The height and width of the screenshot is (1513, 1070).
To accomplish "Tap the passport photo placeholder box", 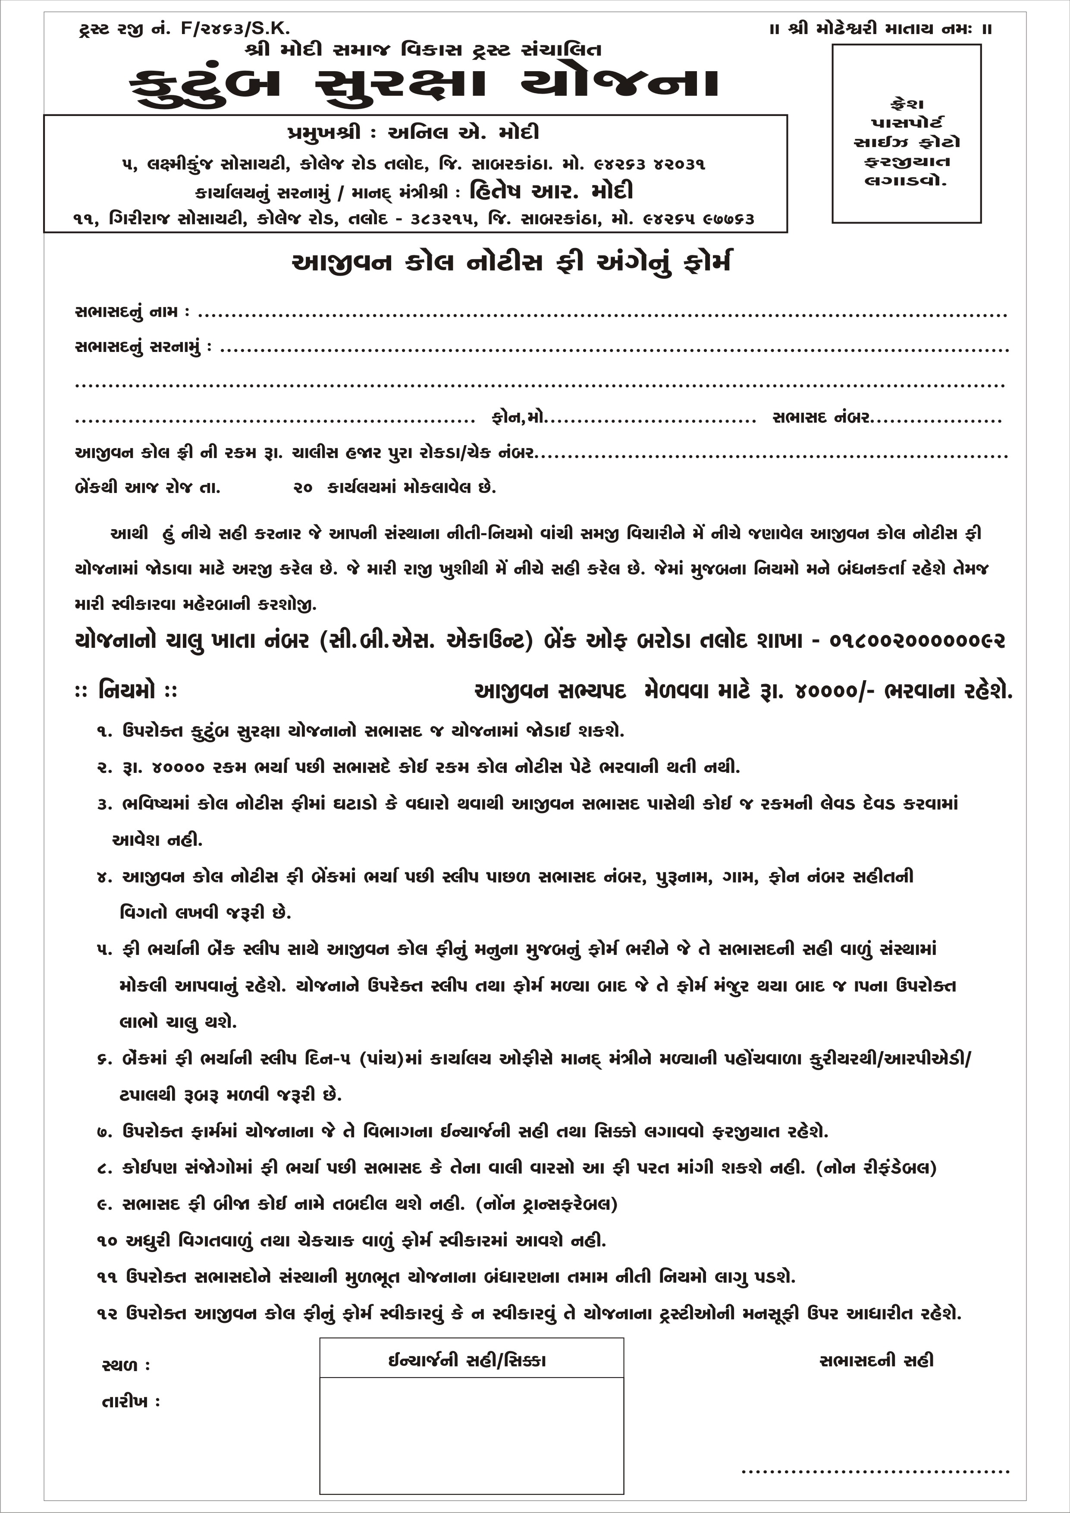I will coord(906,134).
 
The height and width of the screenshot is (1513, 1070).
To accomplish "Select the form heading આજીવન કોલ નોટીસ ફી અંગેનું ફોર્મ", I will coord(511,262).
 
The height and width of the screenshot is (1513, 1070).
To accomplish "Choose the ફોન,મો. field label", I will coord(518,418).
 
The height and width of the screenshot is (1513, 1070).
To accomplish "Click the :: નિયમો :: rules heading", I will coord(126,691).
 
